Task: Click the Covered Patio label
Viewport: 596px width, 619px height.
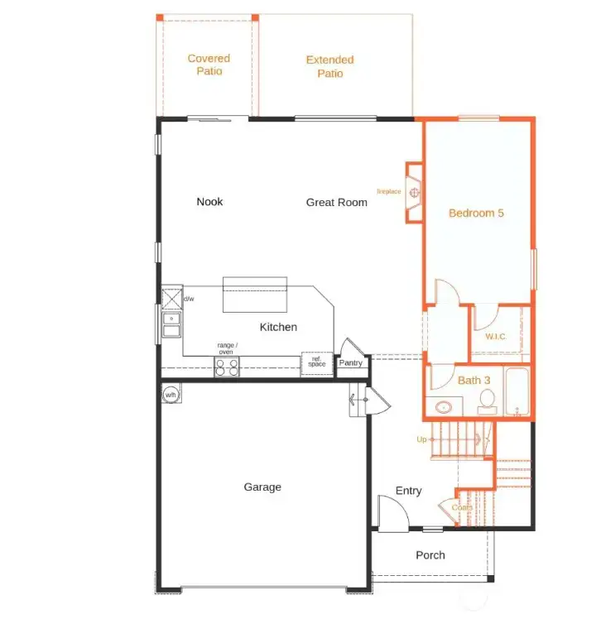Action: tap(209, 65)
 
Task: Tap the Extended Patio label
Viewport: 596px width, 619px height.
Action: tap(329, 66)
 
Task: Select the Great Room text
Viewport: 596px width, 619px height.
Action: tap(336, 202)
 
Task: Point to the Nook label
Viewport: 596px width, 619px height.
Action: tap(209, 201)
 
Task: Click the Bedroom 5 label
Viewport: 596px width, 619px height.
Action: tap(476, 213)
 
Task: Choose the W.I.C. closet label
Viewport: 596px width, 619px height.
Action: tap(495, 336)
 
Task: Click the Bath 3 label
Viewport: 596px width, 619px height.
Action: tap(474, 380)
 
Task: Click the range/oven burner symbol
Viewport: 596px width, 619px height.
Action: tap(227, 367)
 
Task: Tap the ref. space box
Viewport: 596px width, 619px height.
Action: tap(317, 362)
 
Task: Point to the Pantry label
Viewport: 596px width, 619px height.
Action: tap(351, 362)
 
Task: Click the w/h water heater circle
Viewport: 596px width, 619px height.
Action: tap(171, 395)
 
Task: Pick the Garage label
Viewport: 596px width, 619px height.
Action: tap(262, 487)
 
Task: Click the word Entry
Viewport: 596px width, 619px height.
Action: tap(408, 491)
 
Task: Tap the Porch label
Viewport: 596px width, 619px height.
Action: tap(430, 555)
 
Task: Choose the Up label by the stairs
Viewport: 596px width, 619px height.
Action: tap(421, 439)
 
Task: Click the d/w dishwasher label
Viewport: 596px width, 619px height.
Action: tap(189, 299)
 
